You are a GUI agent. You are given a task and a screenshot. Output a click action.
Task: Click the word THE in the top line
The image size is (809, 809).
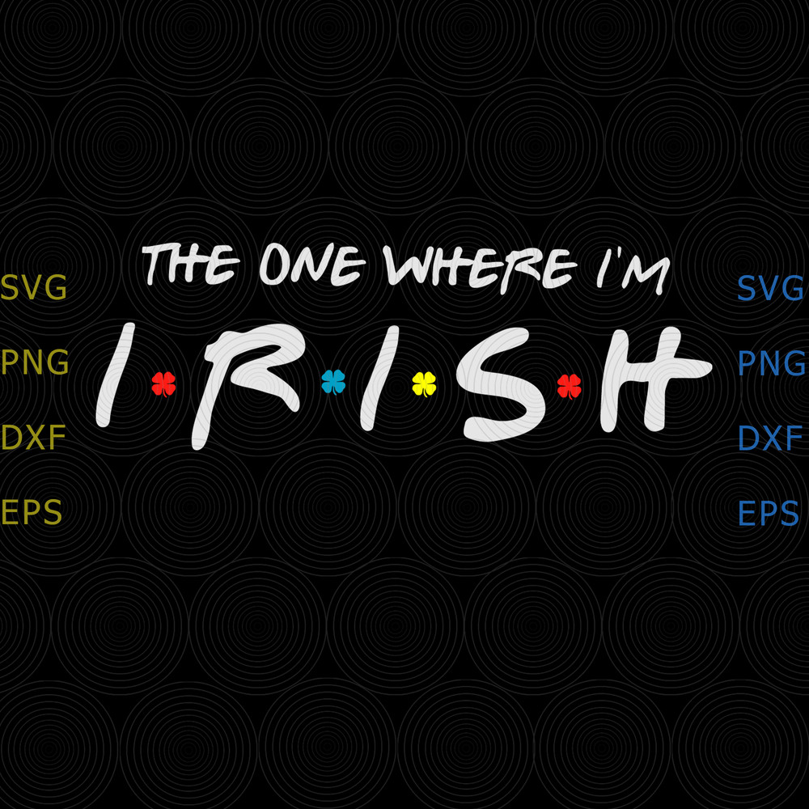[191, 264]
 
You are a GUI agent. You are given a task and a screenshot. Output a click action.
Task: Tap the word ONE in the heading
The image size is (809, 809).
[312, 265]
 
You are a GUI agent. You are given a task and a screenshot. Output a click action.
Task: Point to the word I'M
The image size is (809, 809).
[633, 270]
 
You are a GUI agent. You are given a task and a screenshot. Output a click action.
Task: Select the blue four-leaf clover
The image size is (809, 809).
[333, 381]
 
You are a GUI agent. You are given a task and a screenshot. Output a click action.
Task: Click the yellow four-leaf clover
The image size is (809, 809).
[424, 383]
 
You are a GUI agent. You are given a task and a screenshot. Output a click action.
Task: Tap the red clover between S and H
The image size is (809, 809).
[569, 386]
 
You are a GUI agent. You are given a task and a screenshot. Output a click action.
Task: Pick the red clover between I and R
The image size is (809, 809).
[163, 383]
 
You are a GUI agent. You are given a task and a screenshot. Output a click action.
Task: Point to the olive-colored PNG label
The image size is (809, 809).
[35, 363]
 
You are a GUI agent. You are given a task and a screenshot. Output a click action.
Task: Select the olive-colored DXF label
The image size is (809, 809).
[34, 438]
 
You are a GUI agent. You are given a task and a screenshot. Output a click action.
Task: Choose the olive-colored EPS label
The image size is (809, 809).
[32, 513]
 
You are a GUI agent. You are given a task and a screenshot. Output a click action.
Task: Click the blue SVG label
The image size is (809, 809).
[770, 289]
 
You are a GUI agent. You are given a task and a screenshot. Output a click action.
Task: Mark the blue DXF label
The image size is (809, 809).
[770, 438]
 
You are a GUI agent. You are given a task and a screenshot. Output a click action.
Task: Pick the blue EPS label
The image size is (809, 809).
[769, 513]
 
